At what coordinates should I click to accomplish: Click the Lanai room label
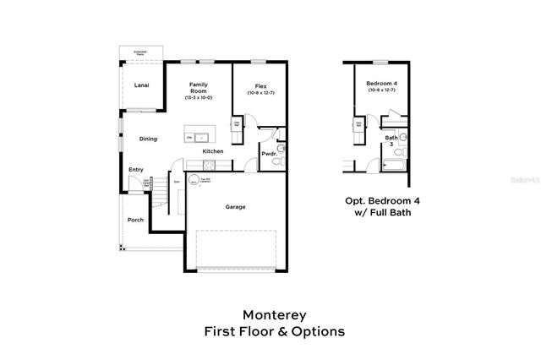[142, 85]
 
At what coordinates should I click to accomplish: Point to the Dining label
[148, 139]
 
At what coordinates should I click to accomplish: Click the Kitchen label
[213, 151]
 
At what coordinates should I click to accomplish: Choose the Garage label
[235, 206]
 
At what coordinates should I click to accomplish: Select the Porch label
[135, 220]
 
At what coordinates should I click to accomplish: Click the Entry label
[136, 169]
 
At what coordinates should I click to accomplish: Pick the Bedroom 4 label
[380, 84]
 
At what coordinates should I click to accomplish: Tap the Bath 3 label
[391, 140]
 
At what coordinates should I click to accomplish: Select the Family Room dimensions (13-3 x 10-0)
[199, 98]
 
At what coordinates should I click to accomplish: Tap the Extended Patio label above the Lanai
[139, 54]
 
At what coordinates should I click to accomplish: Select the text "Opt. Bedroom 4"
[380, 200]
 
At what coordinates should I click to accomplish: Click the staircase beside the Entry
[158, 201]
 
